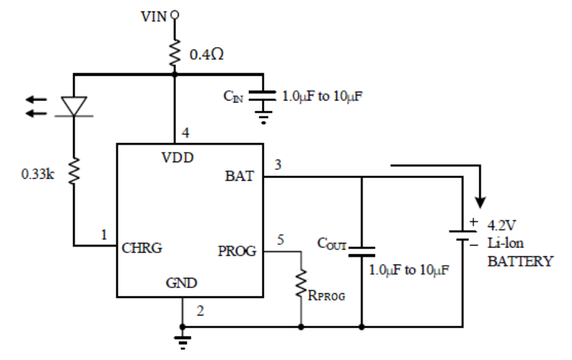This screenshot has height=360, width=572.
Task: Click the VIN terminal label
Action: click(154, 15)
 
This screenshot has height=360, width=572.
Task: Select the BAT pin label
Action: click(239, 177)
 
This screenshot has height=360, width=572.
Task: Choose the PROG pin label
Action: click(236, 251)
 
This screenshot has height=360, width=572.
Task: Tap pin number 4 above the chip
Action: click(185, 134)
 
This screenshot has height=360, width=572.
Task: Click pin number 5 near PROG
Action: click(280, 240)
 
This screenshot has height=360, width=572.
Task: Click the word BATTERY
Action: click(520, 261)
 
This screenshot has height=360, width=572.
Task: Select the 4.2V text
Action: click(501, 225)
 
